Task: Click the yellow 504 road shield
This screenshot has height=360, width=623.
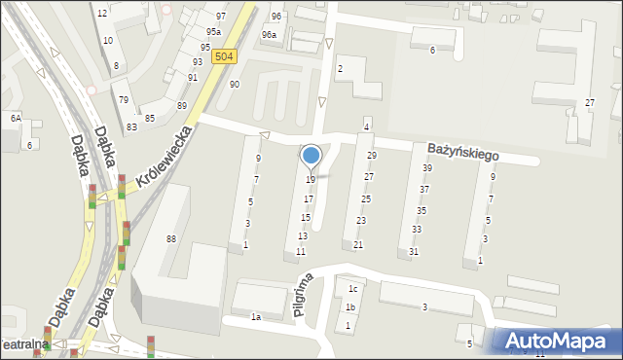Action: coord(224,57)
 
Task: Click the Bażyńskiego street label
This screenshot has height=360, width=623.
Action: coord(462,153)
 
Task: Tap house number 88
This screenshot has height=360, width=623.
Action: coord(171,239)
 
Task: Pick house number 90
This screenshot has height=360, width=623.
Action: coord(235,85)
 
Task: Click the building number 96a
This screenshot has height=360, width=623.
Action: coord(269,35)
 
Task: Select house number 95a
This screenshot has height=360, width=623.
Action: coord(212,32)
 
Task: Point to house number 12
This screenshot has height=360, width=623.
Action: coord(102,14)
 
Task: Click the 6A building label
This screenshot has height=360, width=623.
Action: coord(16,118)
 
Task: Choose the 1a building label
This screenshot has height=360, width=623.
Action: coord(256,317)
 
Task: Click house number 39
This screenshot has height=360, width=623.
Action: coord(426,168)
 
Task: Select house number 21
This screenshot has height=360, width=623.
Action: coord(358,245)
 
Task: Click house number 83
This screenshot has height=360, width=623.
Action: coord(131,127)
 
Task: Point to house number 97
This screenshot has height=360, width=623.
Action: coord(221,17)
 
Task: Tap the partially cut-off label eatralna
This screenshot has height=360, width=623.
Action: coord(23,345)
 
